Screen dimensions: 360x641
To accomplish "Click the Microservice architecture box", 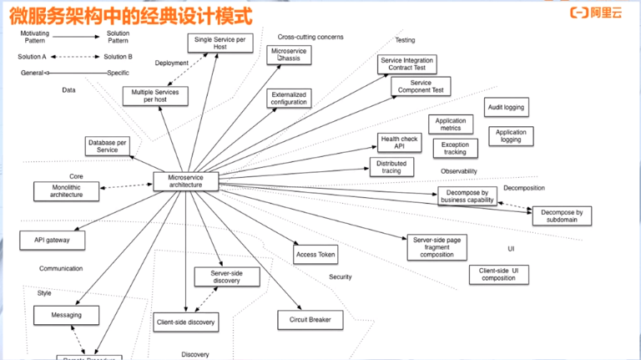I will click(x=185, y=181).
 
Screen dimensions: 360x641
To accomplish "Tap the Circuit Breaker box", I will click(x=310, y=320).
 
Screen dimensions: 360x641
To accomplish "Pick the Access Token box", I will click(x=315, y=254).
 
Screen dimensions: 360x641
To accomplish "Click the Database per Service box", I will click(x=108, y=146).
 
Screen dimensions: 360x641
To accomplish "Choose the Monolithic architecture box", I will click(x=67, y=190).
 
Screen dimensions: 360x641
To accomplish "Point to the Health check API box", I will click(x=400, y=143).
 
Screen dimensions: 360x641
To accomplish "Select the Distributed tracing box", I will click(x=391, y=167).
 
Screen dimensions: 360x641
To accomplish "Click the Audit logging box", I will click(x=507, y=108).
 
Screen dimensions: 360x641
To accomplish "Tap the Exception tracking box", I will click(x=455, y=149).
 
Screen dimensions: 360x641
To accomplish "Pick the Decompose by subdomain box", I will click(x=558, y=216).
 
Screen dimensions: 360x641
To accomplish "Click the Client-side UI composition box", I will click(x=498, y=274).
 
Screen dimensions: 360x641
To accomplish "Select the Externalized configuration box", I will click(x=289, y=99).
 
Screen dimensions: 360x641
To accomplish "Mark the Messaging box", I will click(x=67, y=315).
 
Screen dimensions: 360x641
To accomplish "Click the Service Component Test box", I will click(x=421, y=86).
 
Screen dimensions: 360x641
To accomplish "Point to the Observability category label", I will click(x=459, y=171).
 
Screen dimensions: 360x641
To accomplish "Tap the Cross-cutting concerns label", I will click(x=310, y=37).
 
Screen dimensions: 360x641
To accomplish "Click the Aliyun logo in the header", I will click(x=597, y=12).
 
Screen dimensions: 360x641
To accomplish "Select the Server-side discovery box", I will click(x=226, y=276).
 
